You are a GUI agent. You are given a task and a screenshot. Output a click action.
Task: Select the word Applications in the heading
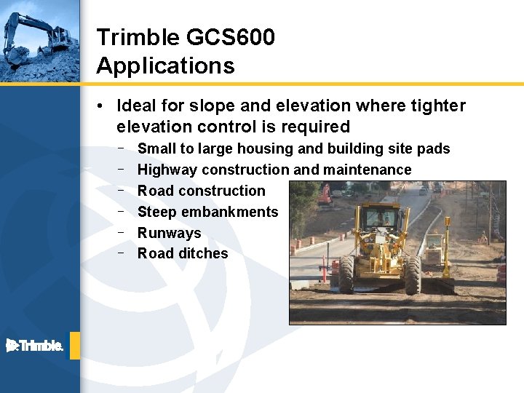[x=165, y=66]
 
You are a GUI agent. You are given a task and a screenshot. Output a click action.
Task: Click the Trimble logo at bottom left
[x=34, y=346]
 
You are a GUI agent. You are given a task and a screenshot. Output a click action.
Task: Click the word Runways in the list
[x=169, y=233]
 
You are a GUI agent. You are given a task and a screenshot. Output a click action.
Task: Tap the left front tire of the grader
[x=346, y=274]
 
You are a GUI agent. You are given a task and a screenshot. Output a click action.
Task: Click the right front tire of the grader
[x=413, y=274]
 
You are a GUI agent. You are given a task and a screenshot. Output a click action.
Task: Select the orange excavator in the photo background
[x=325, y=194]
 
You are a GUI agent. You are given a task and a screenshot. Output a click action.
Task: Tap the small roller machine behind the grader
[x=434, y=249]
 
